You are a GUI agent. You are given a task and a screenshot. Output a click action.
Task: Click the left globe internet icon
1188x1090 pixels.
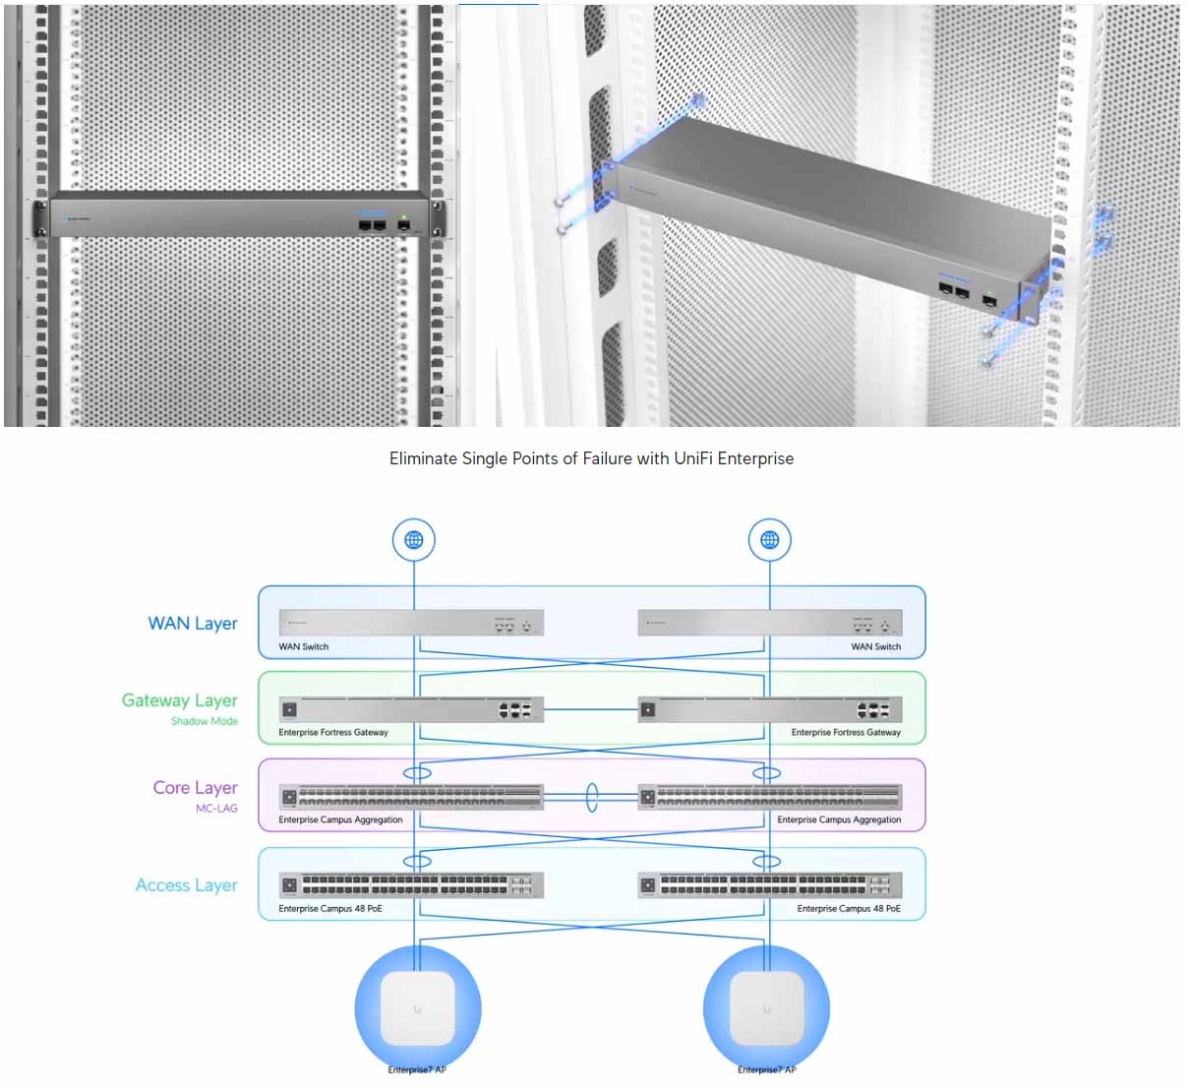coord(414,540)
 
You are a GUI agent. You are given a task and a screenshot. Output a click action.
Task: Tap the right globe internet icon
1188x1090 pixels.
coord(770,540)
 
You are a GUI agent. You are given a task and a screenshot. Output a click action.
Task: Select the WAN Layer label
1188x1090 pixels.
coord(193,624)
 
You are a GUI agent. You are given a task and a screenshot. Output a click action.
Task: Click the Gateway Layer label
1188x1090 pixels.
coord(180,700)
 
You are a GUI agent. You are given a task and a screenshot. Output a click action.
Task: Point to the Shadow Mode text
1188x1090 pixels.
coord(205,721)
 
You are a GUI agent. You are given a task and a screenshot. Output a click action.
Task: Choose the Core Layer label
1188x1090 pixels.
coord(195,788)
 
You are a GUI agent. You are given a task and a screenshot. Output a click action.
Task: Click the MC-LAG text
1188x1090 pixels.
coord(216,809)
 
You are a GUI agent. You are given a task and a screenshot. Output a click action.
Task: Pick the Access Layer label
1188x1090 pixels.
coord(187,885)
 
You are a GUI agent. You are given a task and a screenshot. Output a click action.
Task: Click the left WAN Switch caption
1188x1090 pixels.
coord(304,646)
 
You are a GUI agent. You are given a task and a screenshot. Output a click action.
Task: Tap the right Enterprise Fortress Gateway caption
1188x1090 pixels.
coord(846,732)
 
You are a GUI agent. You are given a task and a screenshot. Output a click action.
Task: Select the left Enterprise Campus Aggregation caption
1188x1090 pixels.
coord(340,819)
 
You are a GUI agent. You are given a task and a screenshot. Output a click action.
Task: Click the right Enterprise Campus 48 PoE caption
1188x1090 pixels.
coord(849,908)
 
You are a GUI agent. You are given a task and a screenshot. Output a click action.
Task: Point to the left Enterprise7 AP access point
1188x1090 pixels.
coord(418,1009)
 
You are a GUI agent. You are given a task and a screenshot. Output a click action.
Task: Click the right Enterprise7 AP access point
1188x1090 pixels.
coord(767,1009)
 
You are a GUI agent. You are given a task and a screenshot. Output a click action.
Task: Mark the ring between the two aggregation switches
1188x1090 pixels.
coord(592,797)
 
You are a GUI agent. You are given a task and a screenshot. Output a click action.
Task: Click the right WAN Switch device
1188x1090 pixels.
coord(770,624)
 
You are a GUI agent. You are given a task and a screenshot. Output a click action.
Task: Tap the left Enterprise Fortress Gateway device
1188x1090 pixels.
coord(411,709)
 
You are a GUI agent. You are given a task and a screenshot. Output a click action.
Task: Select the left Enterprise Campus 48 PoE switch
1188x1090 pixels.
coord(411,885)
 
